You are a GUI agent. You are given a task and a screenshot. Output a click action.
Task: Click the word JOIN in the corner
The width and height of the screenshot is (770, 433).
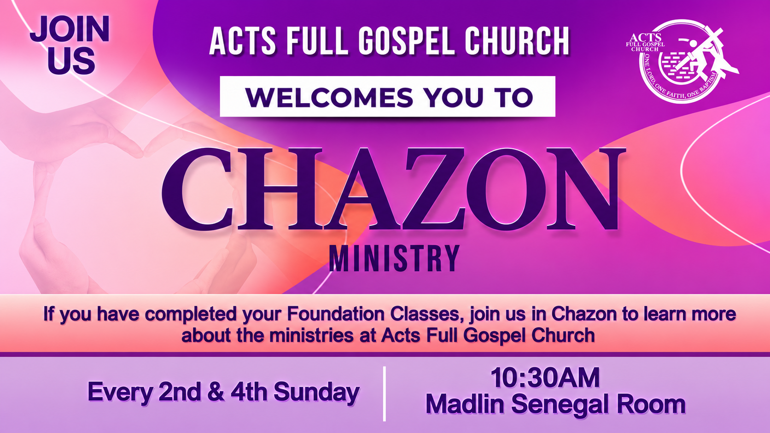pos(70,29)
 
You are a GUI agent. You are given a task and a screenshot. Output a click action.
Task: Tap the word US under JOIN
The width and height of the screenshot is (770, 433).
pos(71,61)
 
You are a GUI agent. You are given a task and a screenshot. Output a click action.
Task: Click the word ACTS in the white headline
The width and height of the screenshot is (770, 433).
pos(243,41)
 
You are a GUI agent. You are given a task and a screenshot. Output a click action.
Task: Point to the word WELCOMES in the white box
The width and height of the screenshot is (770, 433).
pos(329,97)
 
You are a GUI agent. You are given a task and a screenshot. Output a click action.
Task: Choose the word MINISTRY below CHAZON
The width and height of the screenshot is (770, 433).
pos(394,258)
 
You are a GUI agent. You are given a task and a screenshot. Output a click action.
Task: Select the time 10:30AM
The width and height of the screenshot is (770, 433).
pos(545,378)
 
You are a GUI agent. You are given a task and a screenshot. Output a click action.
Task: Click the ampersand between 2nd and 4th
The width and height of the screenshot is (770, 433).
pos(216,392)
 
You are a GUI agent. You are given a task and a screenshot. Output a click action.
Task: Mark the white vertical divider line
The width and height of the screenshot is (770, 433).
pos(385,394)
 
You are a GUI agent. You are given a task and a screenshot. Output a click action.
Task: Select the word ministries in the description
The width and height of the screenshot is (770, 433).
pos(311,335)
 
